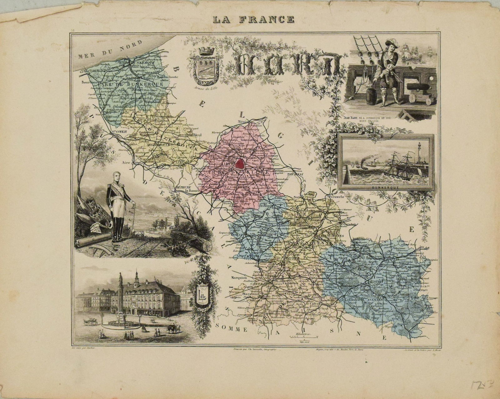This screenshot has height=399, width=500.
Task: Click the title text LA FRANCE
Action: [253, 19]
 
